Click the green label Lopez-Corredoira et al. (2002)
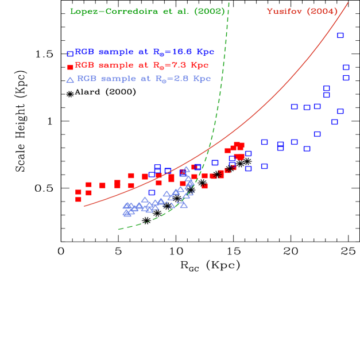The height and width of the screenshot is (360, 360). coord(147,12)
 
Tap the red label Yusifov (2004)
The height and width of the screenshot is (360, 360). coord(301,12)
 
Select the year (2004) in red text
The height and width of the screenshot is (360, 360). coord(324,12)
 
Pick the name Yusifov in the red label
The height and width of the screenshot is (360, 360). coord(285,12)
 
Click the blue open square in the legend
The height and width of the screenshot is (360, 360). coord(70,53)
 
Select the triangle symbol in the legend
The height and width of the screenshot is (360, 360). coord(70,80)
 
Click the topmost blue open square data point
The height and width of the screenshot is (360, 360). coord(340,36)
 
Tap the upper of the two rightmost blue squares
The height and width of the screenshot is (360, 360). coord(346,68)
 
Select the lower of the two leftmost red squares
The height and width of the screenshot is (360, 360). coord(78,199)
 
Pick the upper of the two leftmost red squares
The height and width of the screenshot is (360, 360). coord(78,192)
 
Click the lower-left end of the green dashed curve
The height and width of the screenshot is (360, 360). coord(118,230)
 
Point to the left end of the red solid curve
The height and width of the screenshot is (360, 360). coord(84,206)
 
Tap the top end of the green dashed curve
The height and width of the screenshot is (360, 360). coord(229,2)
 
